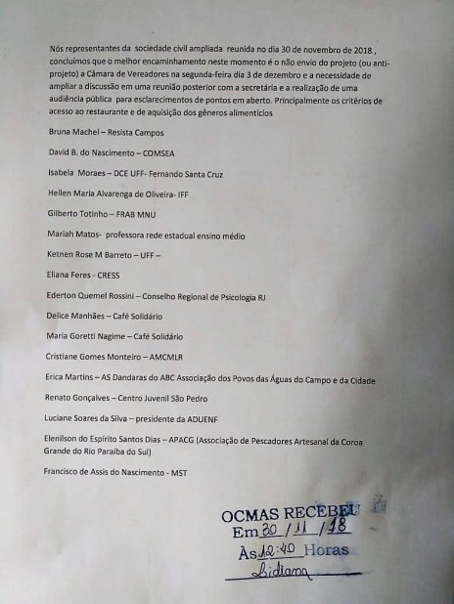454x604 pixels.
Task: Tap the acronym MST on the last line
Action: pyautogui.click(x=179, y=472)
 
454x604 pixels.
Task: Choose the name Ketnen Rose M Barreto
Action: pyautogui.click(x=89, y=254)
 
